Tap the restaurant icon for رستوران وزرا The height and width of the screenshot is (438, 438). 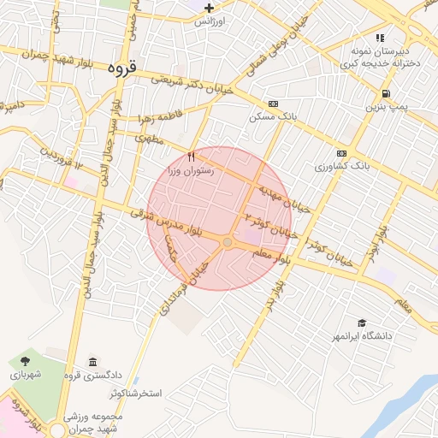(x=192, y=157)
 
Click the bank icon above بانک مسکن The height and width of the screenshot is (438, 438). (x=273, y=103)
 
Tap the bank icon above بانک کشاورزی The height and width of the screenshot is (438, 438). (x=342, y=153)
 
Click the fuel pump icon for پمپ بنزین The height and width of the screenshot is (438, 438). (x=387, y=93)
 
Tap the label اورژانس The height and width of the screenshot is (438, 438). (x=209, y=20)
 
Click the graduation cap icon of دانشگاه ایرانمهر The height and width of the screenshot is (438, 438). (x=362, y=323)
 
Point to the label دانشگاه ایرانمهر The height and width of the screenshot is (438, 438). (x=363, y=336)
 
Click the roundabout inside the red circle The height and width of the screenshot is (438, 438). (x=227, y=244)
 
